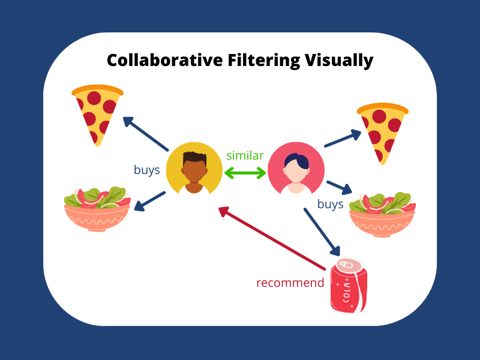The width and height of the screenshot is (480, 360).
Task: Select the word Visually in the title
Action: [339, 61]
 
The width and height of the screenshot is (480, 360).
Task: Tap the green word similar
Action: [245, 156]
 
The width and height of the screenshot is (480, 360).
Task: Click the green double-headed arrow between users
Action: [245, 173]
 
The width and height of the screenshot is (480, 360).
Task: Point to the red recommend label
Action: [290, 283]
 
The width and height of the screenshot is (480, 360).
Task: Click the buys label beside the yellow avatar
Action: [146, 170]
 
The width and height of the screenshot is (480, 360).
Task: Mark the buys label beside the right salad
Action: [330, 204]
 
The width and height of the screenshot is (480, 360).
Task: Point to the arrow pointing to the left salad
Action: [149, 202]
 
